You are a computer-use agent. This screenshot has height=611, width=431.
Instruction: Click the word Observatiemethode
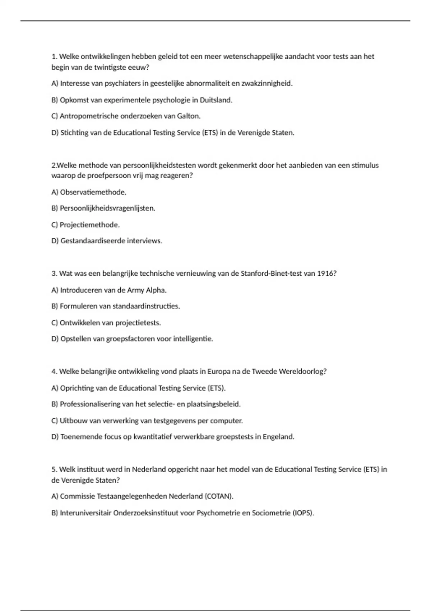93,192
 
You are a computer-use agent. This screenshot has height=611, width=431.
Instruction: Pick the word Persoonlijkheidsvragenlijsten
107,208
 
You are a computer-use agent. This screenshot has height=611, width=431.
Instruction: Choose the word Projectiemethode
89,225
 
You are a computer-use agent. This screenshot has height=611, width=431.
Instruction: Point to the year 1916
326,274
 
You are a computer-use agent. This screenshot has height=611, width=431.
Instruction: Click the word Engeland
278,437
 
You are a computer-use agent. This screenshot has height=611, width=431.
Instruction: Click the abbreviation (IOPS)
303,513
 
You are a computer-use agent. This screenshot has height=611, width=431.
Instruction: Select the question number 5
54,469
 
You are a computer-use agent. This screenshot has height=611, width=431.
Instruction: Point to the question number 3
54,274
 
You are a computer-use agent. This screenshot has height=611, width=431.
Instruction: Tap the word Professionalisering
91,404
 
